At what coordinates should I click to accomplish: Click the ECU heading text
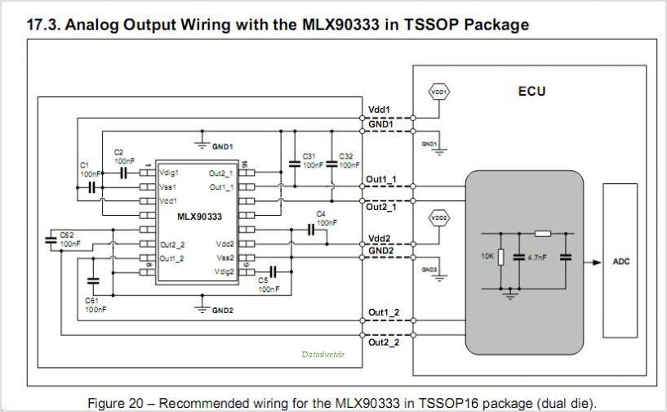point(531,91)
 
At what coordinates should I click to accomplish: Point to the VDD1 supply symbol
point(439,92)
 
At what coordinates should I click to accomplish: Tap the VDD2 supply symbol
point(439,217)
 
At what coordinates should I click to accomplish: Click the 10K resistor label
point(488,257)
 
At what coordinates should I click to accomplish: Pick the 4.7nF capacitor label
point(536,257)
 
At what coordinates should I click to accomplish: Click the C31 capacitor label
point(309,155)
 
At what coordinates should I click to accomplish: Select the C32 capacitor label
point(346,155)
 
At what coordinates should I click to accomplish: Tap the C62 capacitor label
point(68,235)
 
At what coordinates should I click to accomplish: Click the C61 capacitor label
point(92,301)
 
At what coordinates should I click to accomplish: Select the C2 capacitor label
point(119,152)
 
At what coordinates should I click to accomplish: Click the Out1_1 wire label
point(382,179)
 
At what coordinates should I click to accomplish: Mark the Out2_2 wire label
point(383,343)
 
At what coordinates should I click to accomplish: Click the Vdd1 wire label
point(380,109)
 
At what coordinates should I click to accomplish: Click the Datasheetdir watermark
point(323,355)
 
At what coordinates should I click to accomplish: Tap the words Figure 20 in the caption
point(113,403)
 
